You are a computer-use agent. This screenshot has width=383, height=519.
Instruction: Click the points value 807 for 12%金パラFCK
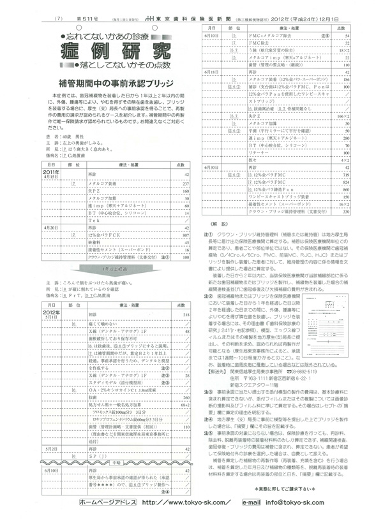point(186,235)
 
